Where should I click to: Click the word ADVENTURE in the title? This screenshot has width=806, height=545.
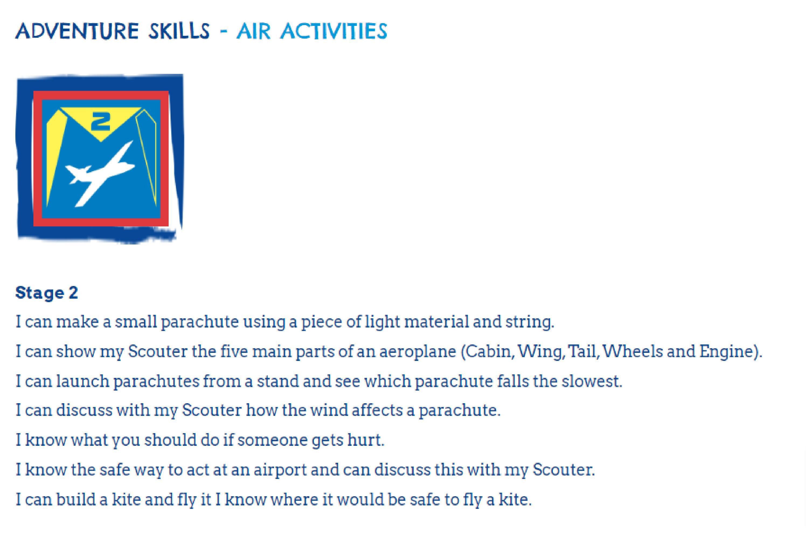77,31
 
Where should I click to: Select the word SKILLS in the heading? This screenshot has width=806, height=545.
179,31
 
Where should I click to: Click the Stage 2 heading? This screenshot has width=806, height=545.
47,293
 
